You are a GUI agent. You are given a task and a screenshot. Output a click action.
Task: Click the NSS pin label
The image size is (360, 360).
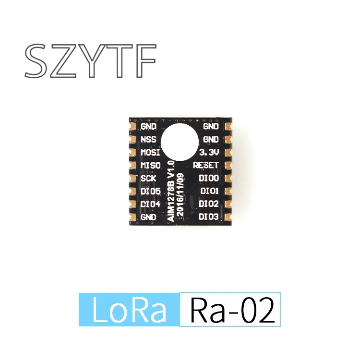[148, 139]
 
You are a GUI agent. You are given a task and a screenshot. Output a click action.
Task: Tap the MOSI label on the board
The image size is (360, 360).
[150, 152]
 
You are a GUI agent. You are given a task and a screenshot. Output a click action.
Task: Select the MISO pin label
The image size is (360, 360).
[150, 165]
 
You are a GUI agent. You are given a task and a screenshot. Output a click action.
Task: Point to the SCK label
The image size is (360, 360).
[148, 178]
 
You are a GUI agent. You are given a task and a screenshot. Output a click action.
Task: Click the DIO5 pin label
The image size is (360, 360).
[150, 191]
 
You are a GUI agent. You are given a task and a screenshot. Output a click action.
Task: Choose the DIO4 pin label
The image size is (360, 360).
[150, 204]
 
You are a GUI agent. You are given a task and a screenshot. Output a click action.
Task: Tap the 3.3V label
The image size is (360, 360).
[209, 152]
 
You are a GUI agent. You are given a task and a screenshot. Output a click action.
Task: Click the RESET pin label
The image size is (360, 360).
[206, 165]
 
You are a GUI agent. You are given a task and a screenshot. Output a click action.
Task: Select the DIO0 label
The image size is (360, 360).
[209, 178]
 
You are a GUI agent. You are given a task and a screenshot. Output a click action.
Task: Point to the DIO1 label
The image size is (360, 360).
[209, 191]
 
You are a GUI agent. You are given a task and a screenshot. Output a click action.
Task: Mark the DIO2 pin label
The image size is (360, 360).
[209, 204]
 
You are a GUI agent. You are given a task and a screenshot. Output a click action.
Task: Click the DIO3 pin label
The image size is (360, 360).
[209, 216]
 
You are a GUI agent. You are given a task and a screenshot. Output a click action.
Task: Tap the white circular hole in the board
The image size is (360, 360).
[180, 142]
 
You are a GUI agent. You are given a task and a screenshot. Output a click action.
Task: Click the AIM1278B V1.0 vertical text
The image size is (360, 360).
[171, 191]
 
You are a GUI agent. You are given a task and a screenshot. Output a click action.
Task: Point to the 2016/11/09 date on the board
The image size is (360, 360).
[180, 194]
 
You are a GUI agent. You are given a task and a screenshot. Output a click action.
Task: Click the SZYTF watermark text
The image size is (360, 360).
[90, 60]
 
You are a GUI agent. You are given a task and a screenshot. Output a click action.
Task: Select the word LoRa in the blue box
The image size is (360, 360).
[129, 310]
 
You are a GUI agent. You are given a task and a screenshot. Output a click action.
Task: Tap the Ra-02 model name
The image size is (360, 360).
[233, 310]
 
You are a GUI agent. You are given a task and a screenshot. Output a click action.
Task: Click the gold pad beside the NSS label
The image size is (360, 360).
[132, 140]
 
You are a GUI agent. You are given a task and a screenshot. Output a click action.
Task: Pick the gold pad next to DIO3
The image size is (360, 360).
[228, 217]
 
